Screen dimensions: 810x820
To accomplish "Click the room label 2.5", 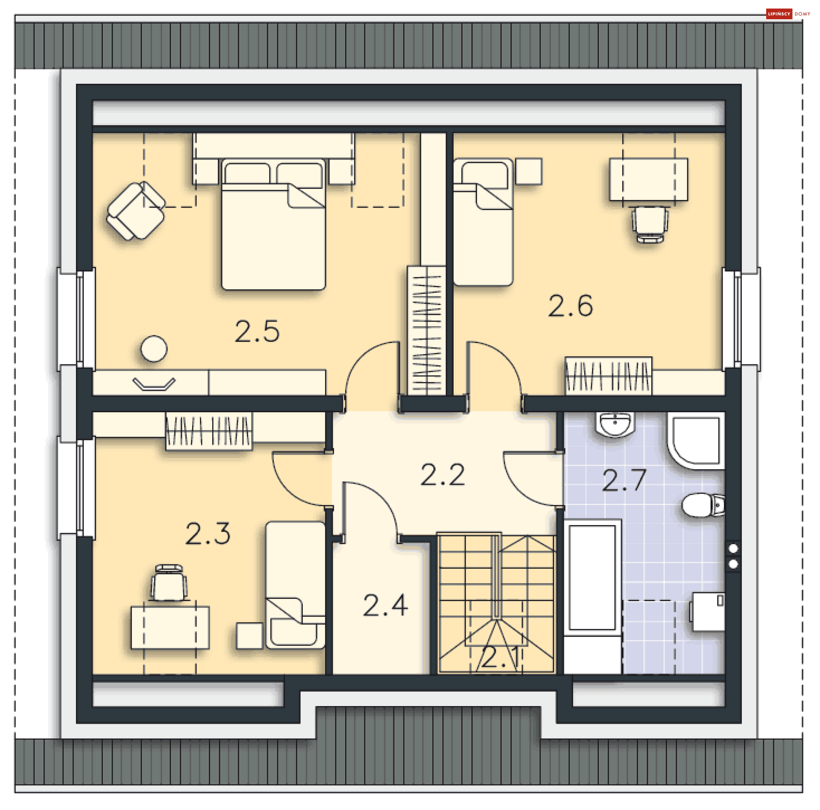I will click(257, 332).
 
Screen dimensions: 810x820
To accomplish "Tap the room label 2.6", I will click(571, 306).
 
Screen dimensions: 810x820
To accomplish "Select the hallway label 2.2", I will click(442, 475).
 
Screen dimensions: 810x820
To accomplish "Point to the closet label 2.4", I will click(385, 605).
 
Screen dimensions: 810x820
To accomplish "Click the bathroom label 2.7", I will click(624, 480).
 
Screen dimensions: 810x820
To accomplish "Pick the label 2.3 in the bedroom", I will click(208, 534).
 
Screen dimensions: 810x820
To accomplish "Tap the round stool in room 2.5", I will click(154, 349).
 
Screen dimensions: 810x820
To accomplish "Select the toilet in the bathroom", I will click(701, 505).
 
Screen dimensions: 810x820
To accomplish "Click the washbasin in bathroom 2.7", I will click(615, 424).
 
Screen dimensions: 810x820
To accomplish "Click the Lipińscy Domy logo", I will click(788, 14).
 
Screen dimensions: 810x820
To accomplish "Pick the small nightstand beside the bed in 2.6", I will click(529, 171).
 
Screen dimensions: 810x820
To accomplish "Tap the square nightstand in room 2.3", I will click(249, 635).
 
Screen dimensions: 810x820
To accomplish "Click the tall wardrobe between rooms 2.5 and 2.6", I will click(427, 330).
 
